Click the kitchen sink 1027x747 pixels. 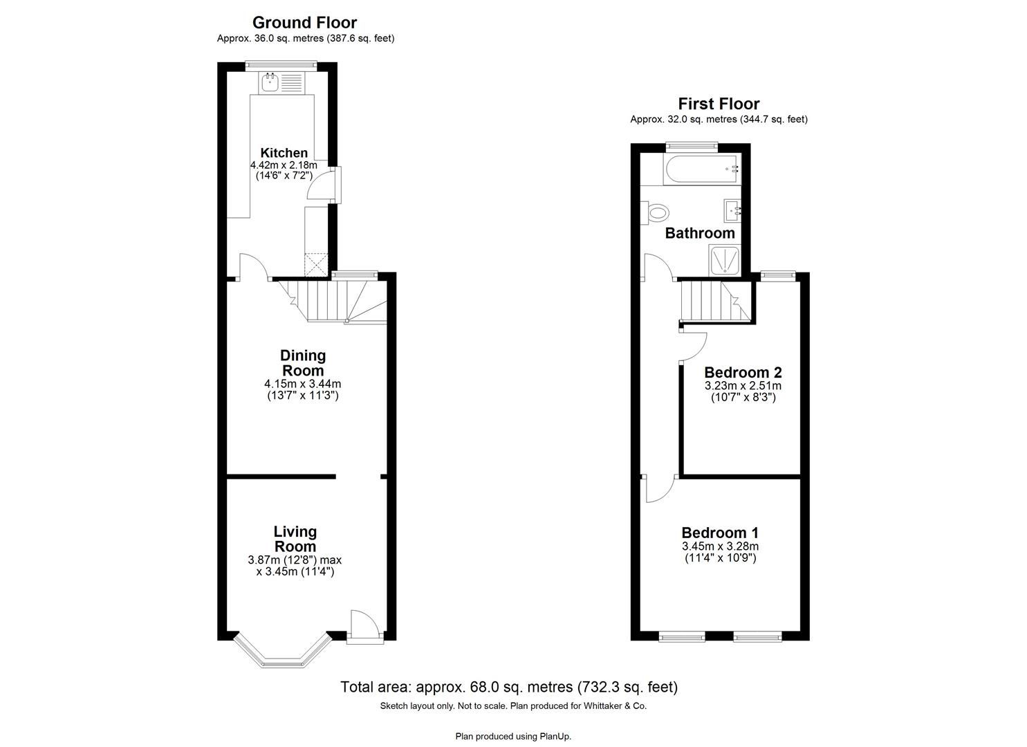(270, 84)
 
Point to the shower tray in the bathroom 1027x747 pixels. (724, 260)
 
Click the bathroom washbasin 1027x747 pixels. (732, 208)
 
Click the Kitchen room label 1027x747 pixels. (284, 153)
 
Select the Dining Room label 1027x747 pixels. (303, 363)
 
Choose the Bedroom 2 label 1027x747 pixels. (743, 372)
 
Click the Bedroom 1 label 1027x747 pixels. (720, 533)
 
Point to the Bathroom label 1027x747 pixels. (700, 233)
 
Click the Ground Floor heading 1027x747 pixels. (304, 23)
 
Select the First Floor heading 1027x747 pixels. (719, 104)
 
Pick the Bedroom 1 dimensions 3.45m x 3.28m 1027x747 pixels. (720, 546)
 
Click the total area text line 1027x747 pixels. (509, 687)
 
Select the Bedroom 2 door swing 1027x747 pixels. (694, 347)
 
